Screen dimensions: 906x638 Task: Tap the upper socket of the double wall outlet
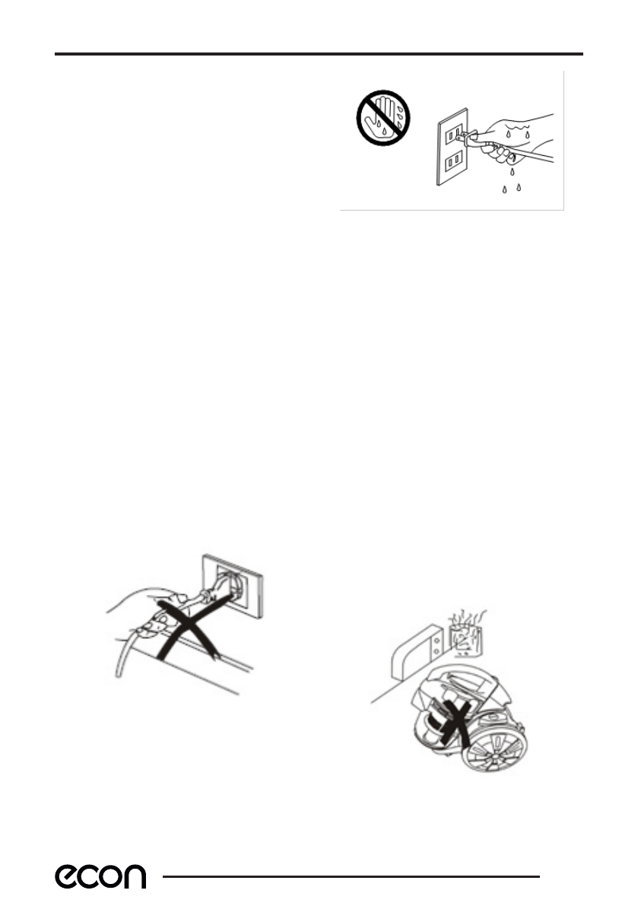(454, 134)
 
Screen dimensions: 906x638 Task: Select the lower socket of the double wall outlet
(454, 161)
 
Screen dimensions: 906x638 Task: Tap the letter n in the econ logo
(134, 877)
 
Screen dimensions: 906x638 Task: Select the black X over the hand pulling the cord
(185, 627)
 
